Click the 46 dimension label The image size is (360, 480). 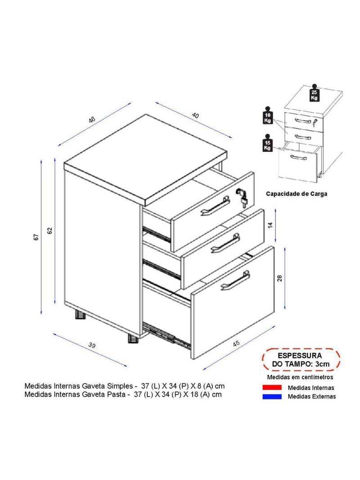pos(92,120)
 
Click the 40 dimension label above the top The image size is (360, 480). pos(195,115)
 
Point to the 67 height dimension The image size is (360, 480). pos(36,237)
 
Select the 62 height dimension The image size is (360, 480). pos(50,231)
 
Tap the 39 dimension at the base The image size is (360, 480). pos(92,345)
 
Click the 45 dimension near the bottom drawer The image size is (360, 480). pos(236,344)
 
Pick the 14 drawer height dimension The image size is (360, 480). pos(270,225)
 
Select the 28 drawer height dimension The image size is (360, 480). pos(279,278)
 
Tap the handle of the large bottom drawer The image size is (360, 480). pos(235,280)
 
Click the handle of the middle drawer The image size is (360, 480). pos(226,243)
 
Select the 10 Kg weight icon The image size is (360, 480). pos(268,115)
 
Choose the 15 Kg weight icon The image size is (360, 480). pos(268,142)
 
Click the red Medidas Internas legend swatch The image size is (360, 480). pos(272,388)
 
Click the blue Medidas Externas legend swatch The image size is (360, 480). pos(272,396)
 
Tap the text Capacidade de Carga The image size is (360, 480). pos(297,194)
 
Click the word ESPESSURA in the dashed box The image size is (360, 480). pos(300,356)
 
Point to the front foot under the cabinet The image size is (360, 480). pos(133,338)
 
